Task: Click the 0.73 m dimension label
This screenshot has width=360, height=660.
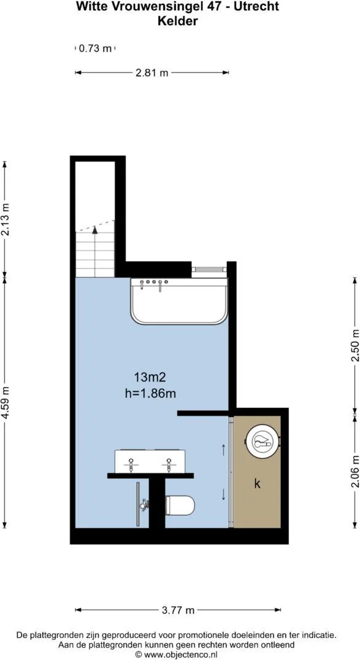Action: pos(96,48)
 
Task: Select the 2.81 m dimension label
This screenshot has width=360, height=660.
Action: pos(151,73)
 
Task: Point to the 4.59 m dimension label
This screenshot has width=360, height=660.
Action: pos(5,402)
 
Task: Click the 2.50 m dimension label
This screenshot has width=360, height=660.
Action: pos(355,345)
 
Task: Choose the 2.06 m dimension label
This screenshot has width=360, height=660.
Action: pos(355,472)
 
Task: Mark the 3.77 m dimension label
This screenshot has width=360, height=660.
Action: pos(178,610)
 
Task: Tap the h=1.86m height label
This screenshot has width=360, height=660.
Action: pos(150,394)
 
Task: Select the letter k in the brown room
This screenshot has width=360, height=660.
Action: pos(257,484)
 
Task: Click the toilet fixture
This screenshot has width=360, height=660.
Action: pos(180,505)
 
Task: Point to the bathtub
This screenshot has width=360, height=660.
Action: pos(179,301)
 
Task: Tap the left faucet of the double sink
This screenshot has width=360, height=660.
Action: pos(131,465)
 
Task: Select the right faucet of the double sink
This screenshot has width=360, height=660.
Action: pos(169,465)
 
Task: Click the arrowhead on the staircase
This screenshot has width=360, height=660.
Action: pos(94,230)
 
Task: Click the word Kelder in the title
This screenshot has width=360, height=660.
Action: pos(178,21)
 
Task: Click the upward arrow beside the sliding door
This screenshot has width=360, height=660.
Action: pos(223,450)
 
